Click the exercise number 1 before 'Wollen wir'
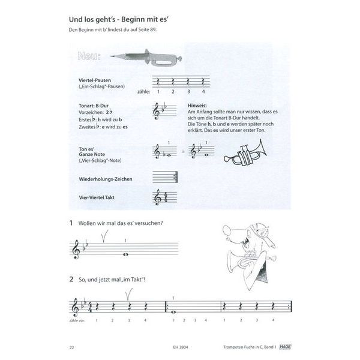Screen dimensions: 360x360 click(x=71, y=223)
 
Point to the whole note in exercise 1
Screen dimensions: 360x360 click(x=125, y=254)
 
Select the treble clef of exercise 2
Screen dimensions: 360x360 click(x=76, y=308)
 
